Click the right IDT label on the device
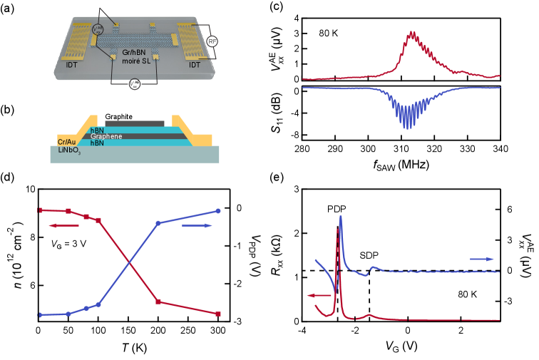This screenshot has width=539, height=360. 194,65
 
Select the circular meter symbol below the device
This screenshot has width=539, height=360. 134,84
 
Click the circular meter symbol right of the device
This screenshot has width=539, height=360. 212,41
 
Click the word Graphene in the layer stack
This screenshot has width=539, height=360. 106,136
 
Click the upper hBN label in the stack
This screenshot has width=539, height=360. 97,130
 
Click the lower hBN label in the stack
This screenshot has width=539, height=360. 97,143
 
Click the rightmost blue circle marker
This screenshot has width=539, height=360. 218,211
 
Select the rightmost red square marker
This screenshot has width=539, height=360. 218,314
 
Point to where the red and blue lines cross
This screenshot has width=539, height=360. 129,263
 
